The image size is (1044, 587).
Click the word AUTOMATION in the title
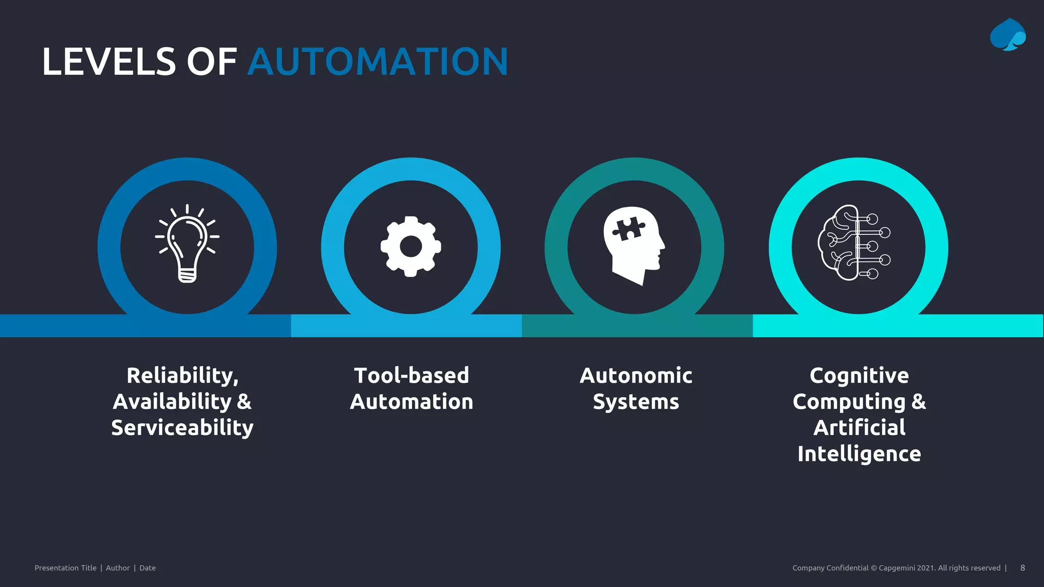378,62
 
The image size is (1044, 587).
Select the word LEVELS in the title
109,62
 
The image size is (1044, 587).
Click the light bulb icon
187,244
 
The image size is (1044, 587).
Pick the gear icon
411,247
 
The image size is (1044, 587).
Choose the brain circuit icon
854,243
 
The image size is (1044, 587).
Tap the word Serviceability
182,428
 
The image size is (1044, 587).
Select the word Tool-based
411,376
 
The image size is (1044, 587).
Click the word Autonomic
636,376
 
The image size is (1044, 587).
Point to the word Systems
636,402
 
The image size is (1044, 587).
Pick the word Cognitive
859,376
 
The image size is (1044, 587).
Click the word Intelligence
859,453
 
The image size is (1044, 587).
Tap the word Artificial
859,428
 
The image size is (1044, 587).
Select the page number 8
1023,568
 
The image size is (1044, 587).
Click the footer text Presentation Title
65,568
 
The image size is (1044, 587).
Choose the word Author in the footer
118,568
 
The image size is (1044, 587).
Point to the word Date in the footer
148,568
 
